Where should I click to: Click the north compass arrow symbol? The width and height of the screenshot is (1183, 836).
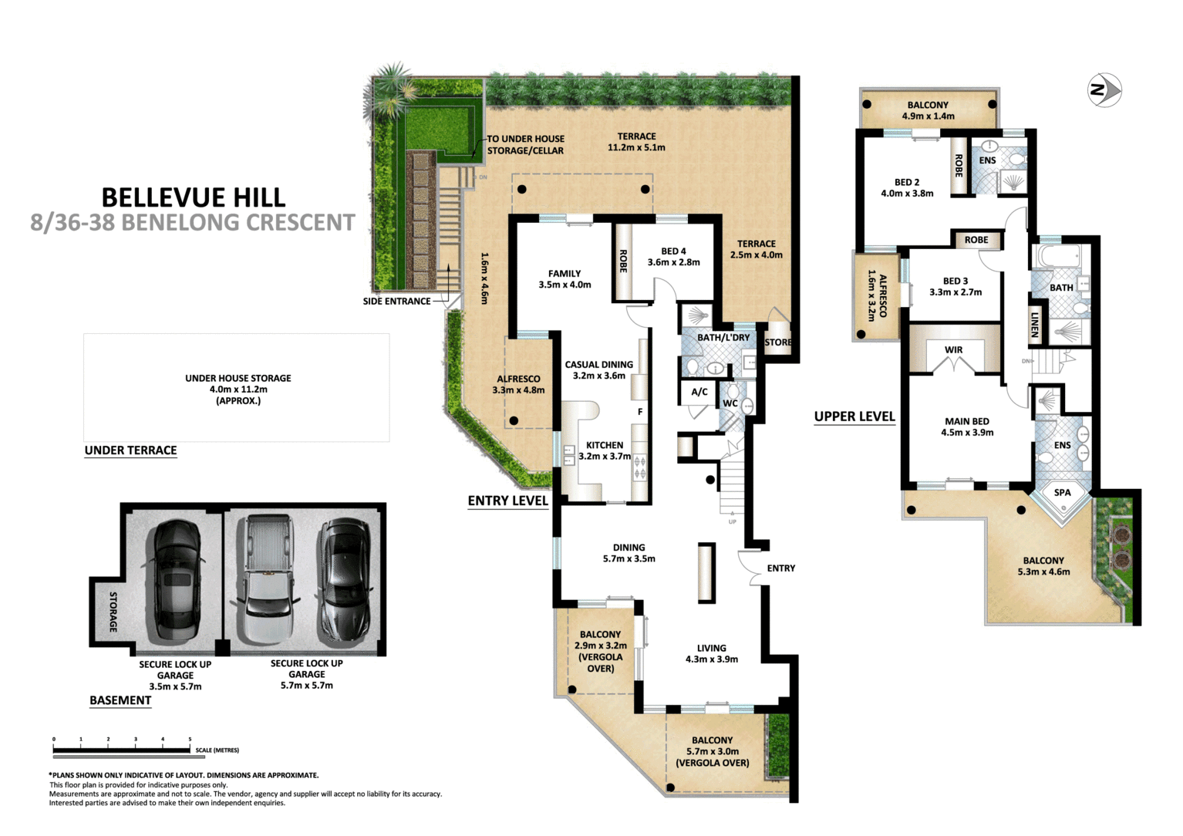coord(1104,90)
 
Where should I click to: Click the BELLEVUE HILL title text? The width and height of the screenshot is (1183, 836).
coord(194,197)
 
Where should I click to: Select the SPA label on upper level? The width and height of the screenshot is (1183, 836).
coord(1062,492)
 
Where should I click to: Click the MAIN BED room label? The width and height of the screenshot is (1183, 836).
coord(967,422)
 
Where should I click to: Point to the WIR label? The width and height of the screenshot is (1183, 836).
coord(953,350)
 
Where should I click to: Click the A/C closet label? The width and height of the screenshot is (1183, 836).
coord(699,392)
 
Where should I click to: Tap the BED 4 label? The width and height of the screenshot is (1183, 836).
coord(673,251)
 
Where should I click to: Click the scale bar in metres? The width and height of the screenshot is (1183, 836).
coord(122,749)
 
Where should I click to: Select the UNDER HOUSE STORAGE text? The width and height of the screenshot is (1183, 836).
coord(238,379)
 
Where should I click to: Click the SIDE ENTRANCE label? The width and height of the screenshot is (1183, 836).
coord(396,302)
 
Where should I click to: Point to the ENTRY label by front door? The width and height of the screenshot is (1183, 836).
coord(780,568)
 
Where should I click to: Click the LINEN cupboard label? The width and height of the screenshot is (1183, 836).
coord(1035,325)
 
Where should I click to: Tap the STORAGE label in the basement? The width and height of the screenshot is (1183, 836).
coord(113,612)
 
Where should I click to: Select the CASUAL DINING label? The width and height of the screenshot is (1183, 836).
coord(598,365)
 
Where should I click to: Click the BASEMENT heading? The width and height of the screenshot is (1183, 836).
coord(120,700)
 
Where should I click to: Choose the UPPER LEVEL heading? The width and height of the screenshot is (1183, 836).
coord(854,416)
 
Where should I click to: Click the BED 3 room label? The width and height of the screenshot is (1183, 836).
coord(955,281)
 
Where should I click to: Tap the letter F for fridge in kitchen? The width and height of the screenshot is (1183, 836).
coord(639,412)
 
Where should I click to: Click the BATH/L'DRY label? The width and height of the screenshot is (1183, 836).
coord(723,338)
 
